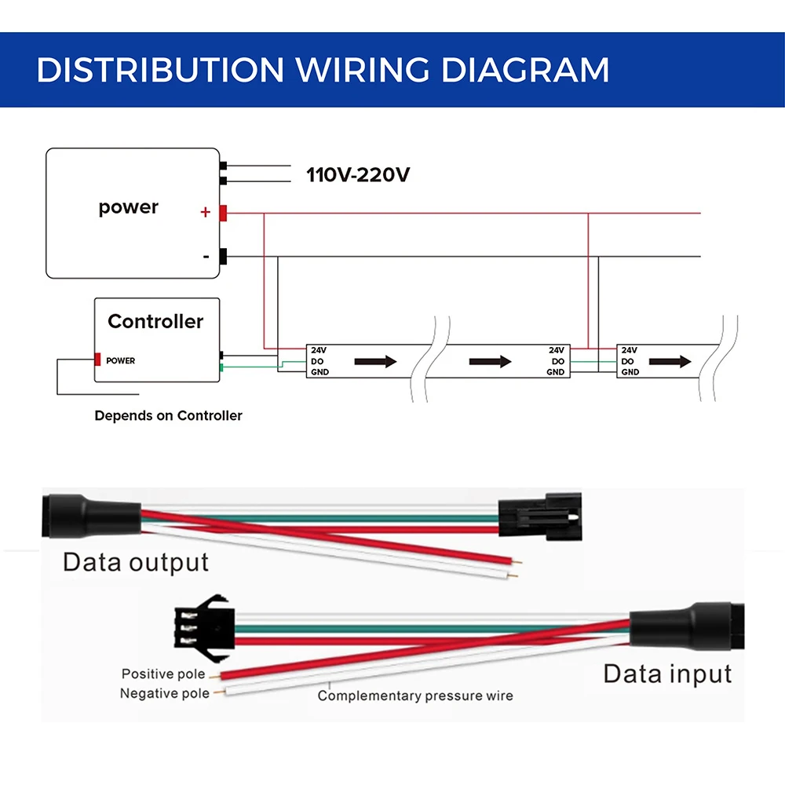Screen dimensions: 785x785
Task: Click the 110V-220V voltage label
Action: (358, 174)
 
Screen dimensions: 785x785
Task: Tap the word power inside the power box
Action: (129, 207)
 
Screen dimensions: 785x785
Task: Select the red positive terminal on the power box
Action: (223, 212)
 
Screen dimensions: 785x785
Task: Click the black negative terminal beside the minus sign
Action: (223, 257)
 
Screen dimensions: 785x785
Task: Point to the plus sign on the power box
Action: (206, 212)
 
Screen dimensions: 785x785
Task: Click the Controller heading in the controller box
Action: (155, 321)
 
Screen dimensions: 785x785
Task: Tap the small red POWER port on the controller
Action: (98, 360)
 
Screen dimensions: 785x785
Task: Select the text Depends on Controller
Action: (168, 415)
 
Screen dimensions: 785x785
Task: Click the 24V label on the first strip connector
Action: (319, 350)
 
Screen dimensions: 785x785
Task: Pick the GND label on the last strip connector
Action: (630, 372)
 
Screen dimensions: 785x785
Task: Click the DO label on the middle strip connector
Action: (557, 361)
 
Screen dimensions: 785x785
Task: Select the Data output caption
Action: (136, 562)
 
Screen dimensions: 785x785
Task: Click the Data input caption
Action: (667, 674)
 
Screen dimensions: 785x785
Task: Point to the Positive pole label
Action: (163, 674)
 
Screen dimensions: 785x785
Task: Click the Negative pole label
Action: (165, 693)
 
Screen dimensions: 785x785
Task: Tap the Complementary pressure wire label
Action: (415, 696)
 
